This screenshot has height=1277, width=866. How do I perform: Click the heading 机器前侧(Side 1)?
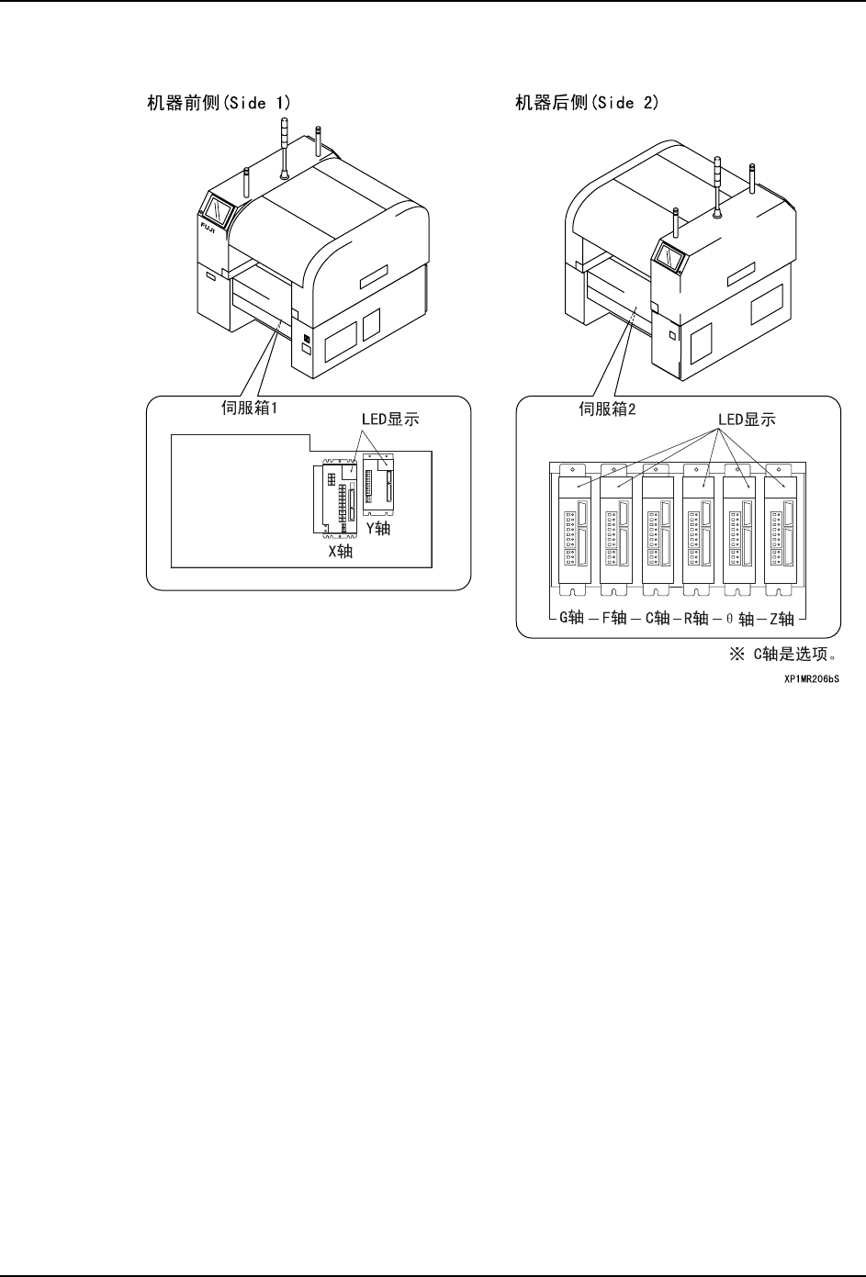(219, 103)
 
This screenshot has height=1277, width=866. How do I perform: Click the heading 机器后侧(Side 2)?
(587, 103)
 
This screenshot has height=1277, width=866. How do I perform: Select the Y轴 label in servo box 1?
(378, 529)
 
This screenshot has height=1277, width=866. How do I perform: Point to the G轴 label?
(571, 618)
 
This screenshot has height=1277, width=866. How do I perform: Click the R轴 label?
(696, 618)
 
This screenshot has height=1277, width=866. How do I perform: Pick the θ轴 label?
(740, 619)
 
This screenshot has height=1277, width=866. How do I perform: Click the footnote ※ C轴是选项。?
(785, 655)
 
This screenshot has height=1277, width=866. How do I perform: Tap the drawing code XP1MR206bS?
(812, 680)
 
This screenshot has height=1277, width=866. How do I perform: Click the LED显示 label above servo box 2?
(747, 420)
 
